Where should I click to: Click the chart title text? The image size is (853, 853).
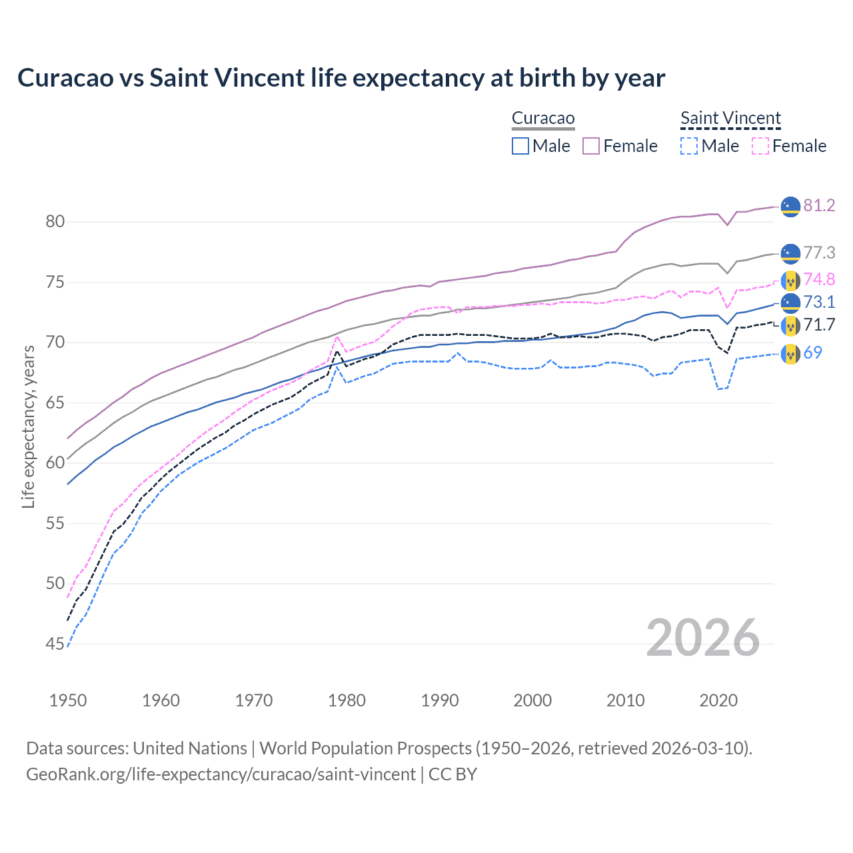point(341,78)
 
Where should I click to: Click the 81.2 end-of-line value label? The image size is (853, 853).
point(819,205)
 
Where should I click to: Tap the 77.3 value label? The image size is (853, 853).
point(819,253)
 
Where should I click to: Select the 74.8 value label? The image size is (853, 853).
point(819,279)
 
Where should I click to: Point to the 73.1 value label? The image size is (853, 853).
point(819,302)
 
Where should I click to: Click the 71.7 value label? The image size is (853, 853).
point(819,325)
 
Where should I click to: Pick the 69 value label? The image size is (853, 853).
point(812,353)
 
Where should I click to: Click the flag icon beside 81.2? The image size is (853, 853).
point(790,207)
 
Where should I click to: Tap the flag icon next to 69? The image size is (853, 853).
point(790,354)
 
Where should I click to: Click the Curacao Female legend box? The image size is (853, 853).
point(591,146)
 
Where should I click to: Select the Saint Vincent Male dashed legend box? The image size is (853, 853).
point(689,146)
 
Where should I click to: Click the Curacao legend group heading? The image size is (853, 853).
point(543,118)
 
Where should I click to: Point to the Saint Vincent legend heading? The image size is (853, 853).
point(730,118)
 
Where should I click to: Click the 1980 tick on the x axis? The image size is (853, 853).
point(347,700)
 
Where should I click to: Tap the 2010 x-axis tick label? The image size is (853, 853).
point(625,700)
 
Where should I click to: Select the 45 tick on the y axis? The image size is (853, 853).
point(55,644)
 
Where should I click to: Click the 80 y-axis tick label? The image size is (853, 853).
point(55,221)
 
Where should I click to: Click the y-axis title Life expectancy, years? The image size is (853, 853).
point(28,426)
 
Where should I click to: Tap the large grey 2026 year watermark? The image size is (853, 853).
point(703,638)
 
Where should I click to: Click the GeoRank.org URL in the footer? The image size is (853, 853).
point(221,774)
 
